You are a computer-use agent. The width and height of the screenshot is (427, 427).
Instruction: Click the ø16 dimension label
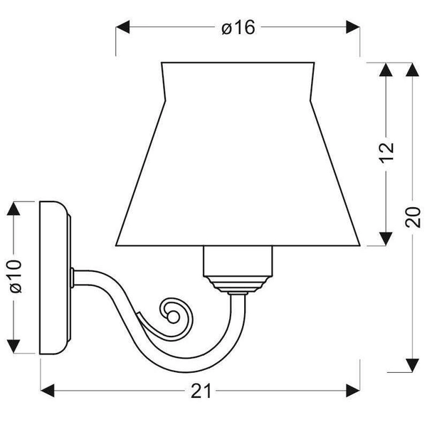(x=238, y=28)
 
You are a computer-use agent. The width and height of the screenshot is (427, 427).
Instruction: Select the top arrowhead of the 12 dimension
(x=385, y=70)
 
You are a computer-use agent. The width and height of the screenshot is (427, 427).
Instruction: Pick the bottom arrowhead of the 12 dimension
(x=385, y=237)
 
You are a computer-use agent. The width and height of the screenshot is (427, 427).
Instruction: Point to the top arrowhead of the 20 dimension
(x=412, y=70)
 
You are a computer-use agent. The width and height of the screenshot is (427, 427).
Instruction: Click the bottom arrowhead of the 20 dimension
(x=412, y=364)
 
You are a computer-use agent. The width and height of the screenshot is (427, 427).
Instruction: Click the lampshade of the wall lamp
(x=238, y=157)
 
